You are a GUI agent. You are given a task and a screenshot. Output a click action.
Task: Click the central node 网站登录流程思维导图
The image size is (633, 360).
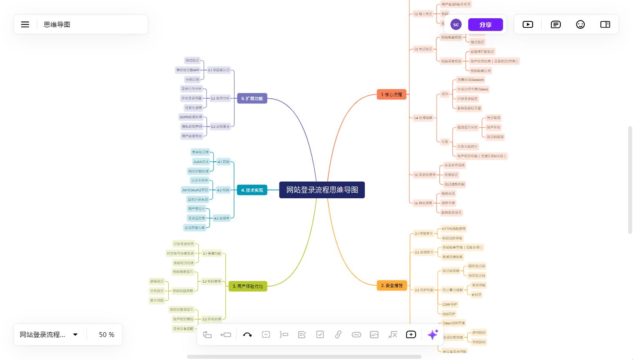coord(322,190)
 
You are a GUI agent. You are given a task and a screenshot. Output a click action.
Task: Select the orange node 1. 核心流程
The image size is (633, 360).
coord(391,94)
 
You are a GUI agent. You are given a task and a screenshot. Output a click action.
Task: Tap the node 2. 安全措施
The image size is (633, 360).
coord(392,286)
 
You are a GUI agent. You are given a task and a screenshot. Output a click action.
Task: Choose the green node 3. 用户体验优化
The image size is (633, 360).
coord(248,286)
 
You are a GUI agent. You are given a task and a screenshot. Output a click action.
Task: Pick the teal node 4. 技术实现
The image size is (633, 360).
coord(252,190)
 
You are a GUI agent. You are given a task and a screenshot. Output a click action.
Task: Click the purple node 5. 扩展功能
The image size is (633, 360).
coord(252,98)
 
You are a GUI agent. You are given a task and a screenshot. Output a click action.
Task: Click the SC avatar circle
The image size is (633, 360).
coord(456,25)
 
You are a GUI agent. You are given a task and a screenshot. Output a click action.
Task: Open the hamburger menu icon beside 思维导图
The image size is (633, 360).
coord(25,25)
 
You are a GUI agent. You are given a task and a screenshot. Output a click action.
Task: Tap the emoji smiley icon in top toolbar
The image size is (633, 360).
coord(580,24)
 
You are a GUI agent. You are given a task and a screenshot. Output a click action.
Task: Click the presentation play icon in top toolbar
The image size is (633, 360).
coord(528,24)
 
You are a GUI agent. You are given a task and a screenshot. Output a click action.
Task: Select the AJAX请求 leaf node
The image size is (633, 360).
coord(201,162)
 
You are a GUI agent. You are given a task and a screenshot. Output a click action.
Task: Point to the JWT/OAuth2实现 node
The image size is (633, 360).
coord(195,190)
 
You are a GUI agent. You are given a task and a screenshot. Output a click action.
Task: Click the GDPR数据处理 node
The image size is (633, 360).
coord(190,117)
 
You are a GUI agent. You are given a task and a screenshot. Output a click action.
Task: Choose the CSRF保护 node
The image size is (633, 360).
coord(450,304)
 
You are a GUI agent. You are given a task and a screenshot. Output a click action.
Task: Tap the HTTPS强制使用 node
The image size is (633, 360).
coord(453,229)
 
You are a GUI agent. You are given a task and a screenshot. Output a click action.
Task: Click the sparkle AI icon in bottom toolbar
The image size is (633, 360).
coord(433,334)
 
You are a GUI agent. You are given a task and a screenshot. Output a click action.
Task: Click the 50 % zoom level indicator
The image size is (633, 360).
coord(107,335)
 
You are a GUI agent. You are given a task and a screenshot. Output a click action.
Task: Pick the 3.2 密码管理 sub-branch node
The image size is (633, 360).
coord(212,281)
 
